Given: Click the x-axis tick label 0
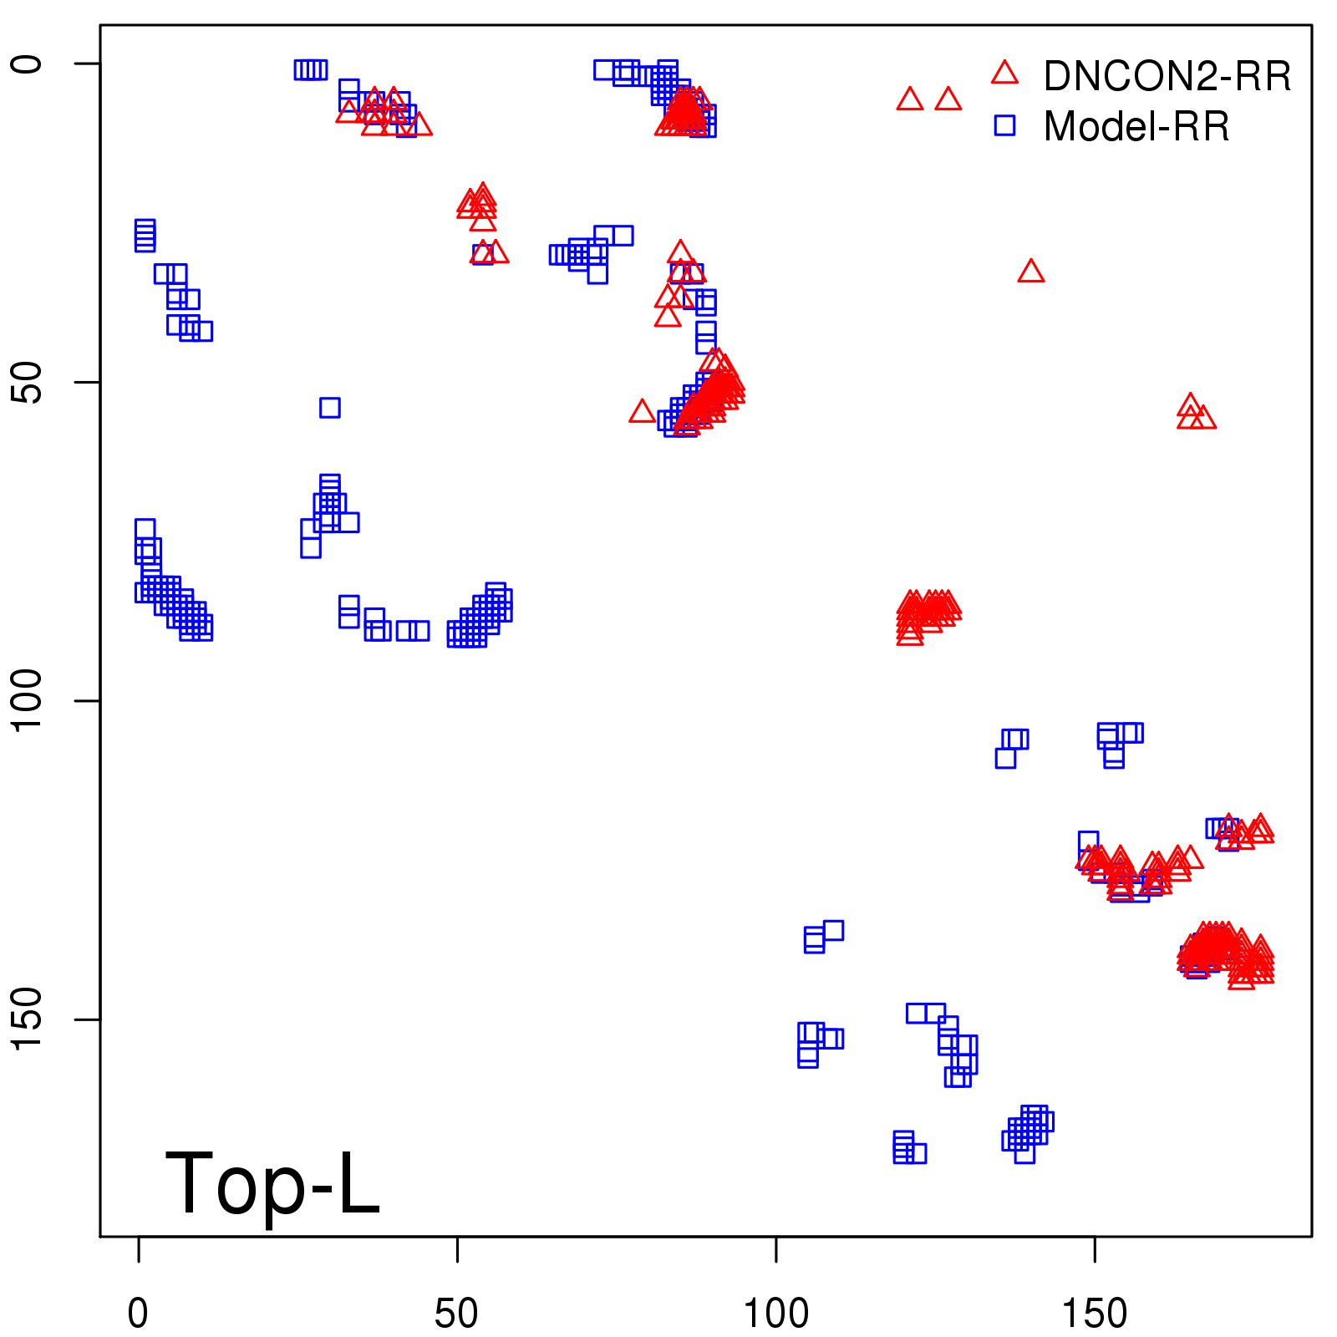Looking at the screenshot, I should click(x=138, y=1314).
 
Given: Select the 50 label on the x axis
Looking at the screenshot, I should click(x=456, y=1314).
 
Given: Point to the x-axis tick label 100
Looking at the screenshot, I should click(x=775, y=1314).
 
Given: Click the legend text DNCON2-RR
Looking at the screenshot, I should click(x=1167, y=77).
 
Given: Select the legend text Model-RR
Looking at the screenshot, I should click(x=1136, y=127).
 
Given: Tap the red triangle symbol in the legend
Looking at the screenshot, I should click(x=1004, y=74).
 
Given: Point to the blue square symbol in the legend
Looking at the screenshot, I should click(x=1004, y=125).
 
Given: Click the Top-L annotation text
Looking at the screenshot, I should click(x=272, y=1183).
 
